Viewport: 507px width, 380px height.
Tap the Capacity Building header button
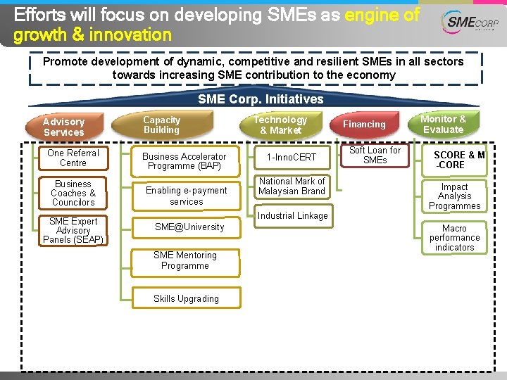[162, 125]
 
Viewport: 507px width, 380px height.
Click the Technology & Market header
[280, 125]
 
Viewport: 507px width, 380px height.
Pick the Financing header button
[364, 125]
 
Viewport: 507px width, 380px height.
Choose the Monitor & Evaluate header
[443, 124]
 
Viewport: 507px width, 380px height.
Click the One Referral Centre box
[73, 158]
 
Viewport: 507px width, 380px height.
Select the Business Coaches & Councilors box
[73, 193]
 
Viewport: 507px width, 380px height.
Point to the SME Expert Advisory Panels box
[73, 230]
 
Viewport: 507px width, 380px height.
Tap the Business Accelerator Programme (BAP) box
[184, 161]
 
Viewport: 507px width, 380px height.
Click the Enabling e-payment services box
[186, 196]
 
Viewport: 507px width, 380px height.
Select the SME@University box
[189, 227]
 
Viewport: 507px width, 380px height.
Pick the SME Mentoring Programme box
[185, 260]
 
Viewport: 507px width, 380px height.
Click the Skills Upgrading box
[186, 298]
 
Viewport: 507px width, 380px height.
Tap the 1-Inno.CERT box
[291, 157]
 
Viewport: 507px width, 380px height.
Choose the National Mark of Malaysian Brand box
[292, 186]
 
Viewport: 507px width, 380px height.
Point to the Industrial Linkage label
[292, 216]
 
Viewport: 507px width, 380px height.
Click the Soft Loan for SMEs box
[375, 155]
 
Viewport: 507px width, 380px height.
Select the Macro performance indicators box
[455, 238]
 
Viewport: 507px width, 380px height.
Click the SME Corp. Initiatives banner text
[261, 99]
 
